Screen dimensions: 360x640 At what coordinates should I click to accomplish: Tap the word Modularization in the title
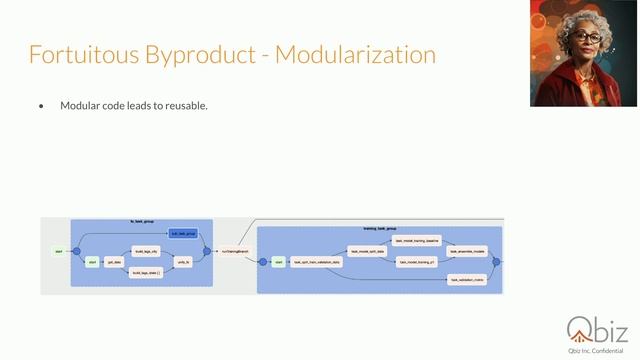[354, 54]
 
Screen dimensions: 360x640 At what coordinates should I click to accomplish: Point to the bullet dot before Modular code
[41, 106]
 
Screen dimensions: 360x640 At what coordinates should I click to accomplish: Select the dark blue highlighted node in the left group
[182, 233]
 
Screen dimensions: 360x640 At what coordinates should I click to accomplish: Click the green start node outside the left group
[59, 252]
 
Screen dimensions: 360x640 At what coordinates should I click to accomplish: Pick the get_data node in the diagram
[114, 262]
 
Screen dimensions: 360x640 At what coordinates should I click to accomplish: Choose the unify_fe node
[182, 262]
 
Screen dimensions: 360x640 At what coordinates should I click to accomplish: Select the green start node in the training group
[279, 262]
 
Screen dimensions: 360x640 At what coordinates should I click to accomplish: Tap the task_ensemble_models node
[466, 252]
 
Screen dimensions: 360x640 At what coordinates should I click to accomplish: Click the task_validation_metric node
[467, 279]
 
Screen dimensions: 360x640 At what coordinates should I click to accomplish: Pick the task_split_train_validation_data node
[317, 262]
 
